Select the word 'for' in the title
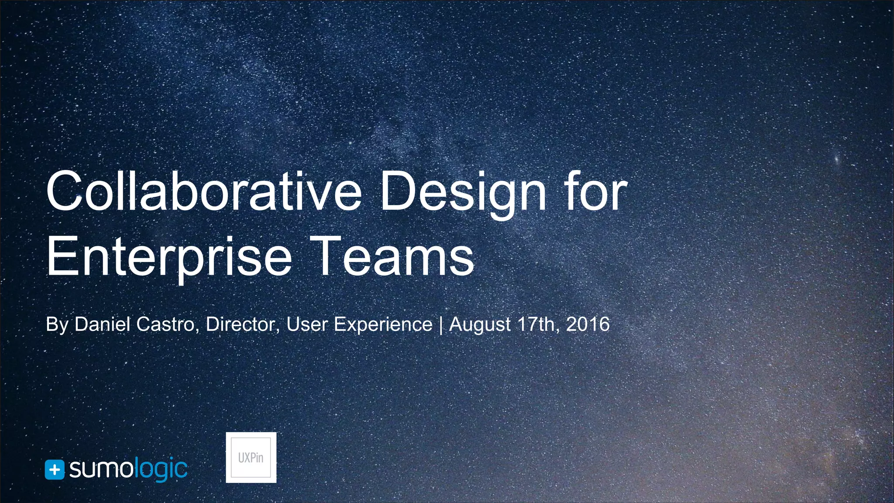coord(596,191)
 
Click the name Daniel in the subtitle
coord(102,324)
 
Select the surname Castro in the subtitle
coord(165,324)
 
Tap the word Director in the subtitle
coord(242,324)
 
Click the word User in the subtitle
coord(307,324)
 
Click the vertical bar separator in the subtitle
coord(441,325)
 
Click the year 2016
coord(588,324)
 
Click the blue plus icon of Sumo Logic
coord(55,470)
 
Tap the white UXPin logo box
coord(251,458)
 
